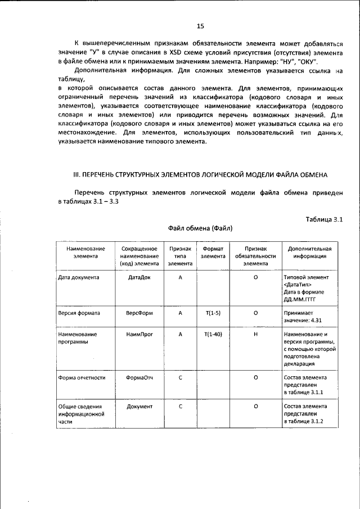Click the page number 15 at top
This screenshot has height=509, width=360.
[x=200, y=26]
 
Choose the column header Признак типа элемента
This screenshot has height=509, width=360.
[x=181, y=255]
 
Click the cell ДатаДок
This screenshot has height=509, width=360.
[x=139, y=278]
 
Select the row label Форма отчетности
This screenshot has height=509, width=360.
[x=82, y=377]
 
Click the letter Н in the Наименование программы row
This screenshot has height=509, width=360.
[x=255, y=334]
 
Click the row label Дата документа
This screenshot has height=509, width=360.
[x=79, y=278]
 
